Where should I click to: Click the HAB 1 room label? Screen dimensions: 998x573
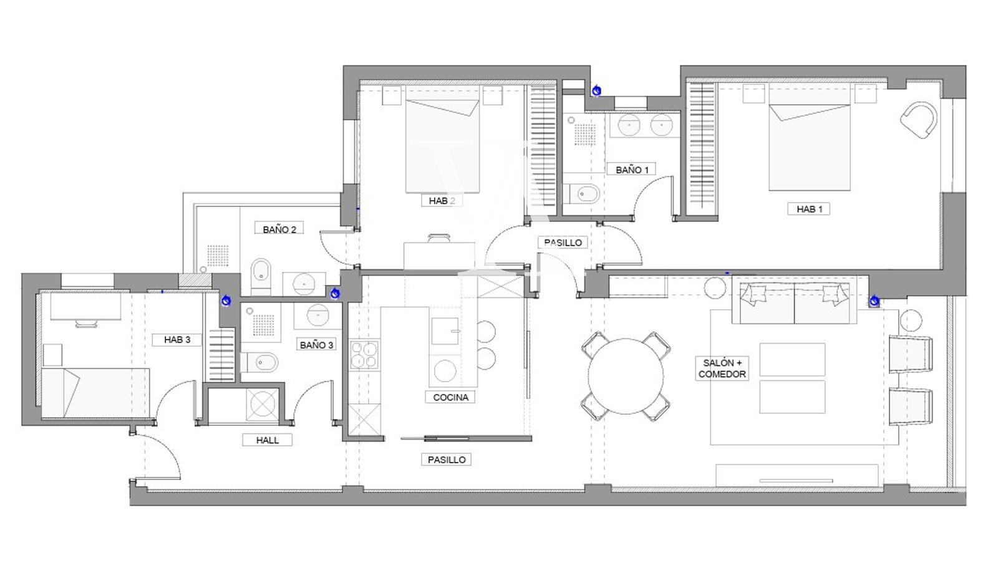tap(809, 209)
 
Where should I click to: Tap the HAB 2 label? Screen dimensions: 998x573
tap(442, 201)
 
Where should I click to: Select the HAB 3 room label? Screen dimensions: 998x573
tap(177, 340)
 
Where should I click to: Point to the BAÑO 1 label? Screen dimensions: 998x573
tap(632, 170)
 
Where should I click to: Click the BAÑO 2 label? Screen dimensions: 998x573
tap(279, 229)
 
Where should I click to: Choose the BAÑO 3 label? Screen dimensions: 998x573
tap(316, 345)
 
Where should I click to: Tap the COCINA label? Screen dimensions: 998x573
tap(450, 397)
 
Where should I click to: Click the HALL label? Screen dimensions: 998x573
tap(268, 440)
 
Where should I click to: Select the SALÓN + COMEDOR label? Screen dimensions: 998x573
tap(722, 368)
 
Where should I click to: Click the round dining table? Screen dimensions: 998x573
tap(626, 376)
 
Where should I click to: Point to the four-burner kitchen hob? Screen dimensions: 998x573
tap(364, 355)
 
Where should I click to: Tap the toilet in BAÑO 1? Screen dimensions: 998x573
tap(583, 194)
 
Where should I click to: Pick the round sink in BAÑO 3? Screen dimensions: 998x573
tap(318, 315)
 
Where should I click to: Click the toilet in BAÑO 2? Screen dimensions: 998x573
tap(261, 276)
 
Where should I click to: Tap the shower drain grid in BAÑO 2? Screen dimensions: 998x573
tap(218, 256)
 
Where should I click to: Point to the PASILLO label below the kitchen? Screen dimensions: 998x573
tap(447, 460)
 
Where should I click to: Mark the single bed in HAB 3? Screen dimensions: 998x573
tap(96, 393)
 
